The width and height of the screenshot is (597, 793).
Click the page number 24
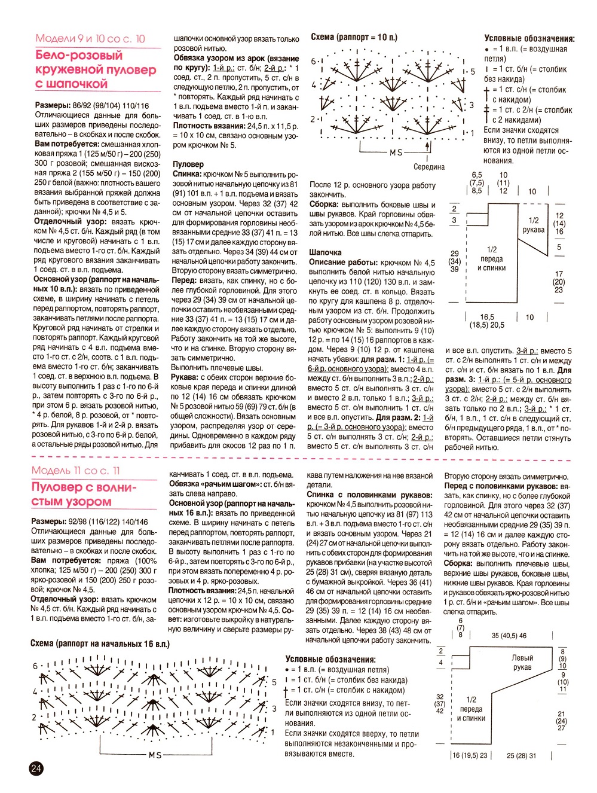(x=36, y=768)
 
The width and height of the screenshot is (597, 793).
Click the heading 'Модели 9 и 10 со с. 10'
(x=90, y=39)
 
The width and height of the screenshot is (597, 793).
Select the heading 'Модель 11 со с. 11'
(x=76, y=471)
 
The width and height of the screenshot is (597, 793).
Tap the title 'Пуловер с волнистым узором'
(x=84, y=495)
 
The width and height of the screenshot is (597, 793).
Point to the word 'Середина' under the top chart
(x=429, y=167)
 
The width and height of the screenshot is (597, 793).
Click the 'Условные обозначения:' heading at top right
(x=529, y=38)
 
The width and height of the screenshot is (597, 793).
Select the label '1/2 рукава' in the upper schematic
(x=534, y=225)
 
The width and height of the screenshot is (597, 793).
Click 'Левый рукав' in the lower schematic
(x=522, y=662)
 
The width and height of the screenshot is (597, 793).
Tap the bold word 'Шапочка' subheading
(x=325, y=252)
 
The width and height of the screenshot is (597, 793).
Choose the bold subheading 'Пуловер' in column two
(x=188, y=164)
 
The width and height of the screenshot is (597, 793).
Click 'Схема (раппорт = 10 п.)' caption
(x=354, y=37)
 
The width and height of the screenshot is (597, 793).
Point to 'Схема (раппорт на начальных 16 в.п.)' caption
(x=100, y=644)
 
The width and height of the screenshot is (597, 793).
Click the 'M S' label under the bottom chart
(x=155, y=755)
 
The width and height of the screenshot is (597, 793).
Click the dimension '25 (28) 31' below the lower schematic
(x=521, y=756)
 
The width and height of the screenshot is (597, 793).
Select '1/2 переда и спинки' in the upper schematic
(x=491, y=259)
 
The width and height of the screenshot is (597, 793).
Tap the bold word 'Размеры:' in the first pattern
(x=53, y=105)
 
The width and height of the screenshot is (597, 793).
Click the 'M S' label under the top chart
(x=396, y=152)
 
